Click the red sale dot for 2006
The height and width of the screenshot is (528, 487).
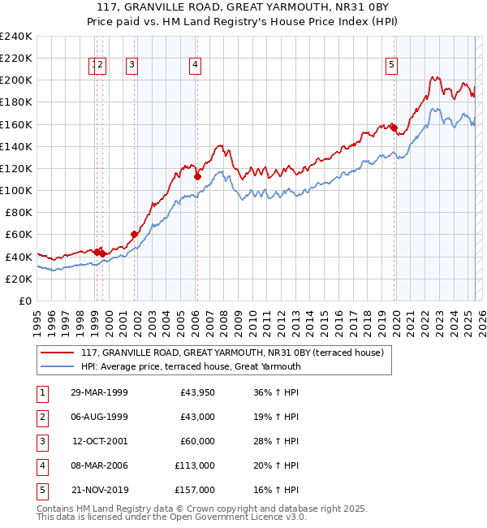click(x=197, y=175)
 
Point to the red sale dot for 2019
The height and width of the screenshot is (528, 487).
click(x=393, y=127)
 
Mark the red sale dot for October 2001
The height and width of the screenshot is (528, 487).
click(x=134, y=234)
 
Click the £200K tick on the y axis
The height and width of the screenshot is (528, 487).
click(x=17, y=80)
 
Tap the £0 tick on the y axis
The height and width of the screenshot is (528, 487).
click(x=24, y=301)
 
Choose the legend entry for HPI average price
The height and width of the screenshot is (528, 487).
click(x=191, y=366)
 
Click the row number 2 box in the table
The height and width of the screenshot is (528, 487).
click(x=41, y=417)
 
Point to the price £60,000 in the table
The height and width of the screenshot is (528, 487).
click(x=197, y=441)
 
